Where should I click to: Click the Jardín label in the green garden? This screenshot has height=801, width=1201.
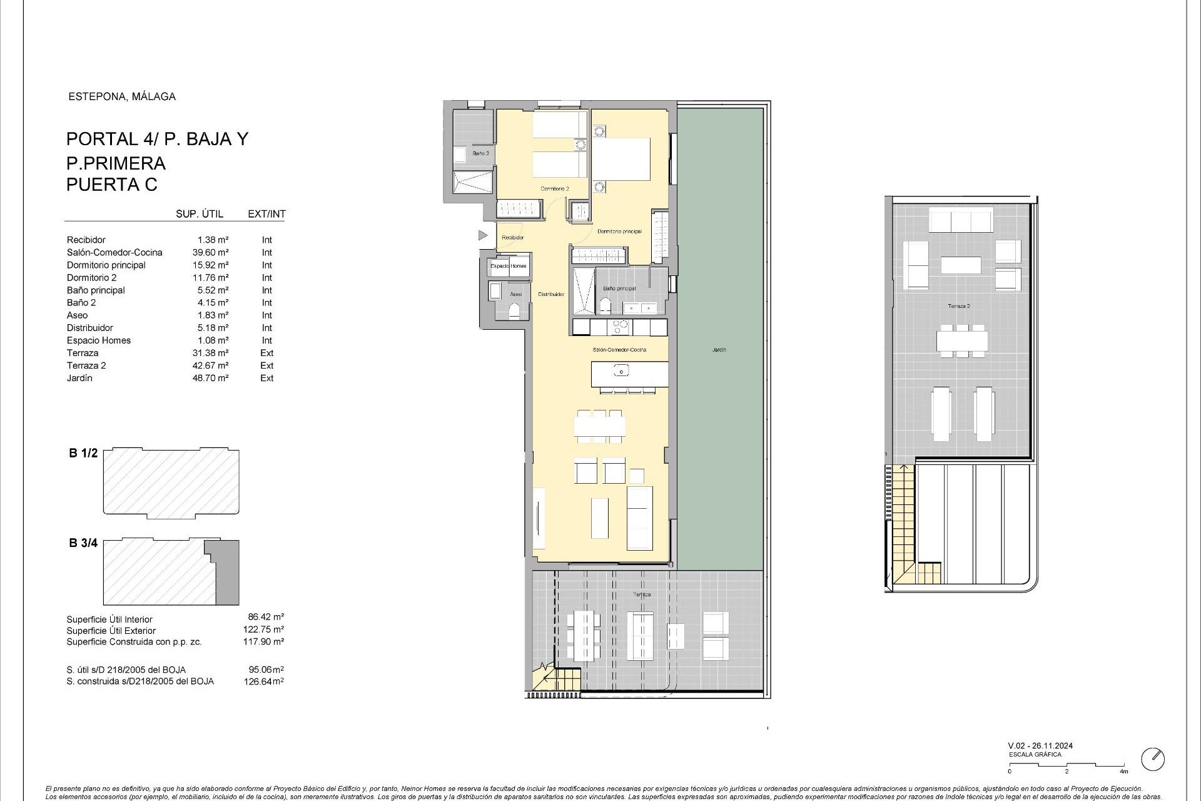tap(719, 350)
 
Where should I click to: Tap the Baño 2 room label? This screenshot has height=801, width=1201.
tap(480, 153)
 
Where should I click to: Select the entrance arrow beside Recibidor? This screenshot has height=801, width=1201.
tap(482, 235)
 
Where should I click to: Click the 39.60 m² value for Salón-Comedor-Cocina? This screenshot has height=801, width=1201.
tap(210, 252)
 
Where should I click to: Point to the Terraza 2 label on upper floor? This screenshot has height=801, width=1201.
tap(959, 306)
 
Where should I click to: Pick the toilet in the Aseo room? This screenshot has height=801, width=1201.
tap(514, 311)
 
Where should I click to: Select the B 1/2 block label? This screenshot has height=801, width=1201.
tap(83, 453)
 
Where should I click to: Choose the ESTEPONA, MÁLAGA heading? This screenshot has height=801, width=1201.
tap(121, 96)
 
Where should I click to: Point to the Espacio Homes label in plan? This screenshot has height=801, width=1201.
tap(509, 266)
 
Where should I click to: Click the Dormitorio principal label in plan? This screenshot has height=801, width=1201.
tap(619, 232)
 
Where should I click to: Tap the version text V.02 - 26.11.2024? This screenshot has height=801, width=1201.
tap(1040, 746)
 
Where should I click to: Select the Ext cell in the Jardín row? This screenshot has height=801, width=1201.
tap(266, 378)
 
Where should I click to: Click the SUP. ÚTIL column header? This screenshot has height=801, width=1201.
tap(200, 214)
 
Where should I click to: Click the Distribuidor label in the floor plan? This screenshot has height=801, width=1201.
tap(551, 294)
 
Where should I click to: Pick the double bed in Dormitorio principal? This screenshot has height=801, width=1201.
tap(621, 159)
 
